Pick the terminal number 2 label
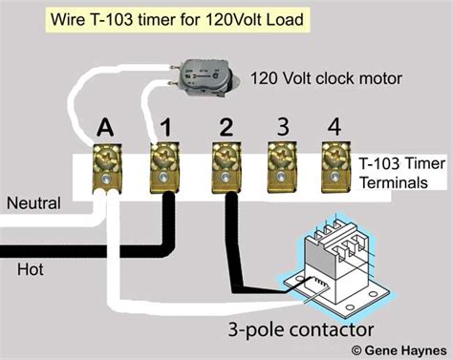tap(226, 127)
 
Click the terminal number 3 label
tap(282, 127)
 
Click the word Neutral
tap(32, 203)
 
